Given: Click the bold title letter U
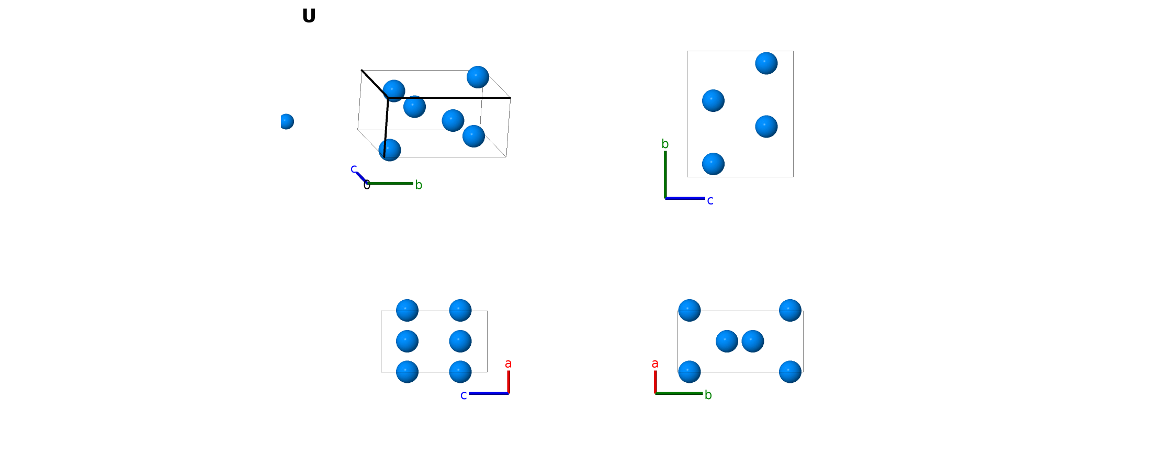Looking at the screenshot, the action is point(309,16).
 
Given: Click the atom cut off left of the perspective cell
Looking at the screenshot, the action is point(287,121).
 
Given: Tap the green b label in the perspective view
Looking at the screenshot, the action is point(419,185).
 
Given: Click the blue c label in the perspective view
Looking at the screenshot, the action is point(354,169).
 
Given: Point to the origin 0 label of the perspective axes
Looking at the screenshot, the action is point(367,185).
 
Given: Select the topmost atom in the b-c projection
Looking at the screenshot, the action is point(766,63).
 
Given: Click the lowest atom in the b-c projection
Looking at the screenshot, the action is point(713,164).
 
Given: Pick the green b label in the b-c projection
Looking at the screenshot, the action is point(665,144).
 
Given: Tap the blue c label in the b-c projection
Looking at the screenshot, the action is point(710,201).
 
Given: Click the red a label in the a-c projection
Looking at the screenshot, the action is point(508,363).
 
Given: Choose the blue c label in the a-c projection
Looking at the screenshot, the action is point(464,395).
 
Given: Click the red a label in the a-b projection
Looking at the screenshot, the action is point(655,363).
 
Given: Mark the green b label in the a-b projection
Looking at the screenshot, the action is point(708,395).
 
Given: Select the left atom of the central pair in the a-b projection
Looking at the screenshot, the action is point(727,341).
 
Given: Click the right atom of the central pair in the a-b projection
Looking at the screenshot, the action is point(753,341).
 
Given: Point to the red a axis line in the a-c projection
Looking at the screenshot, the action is point(509,382).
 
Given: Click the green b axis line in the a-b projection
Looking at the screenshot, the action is point(679,393).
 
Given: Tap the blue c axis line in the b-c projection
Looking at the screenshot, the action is point(685,198).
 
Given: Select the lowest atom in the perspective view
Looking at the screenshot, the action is point(390,150).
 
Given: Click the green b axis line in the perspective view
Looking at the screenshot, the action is point(390,183).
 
